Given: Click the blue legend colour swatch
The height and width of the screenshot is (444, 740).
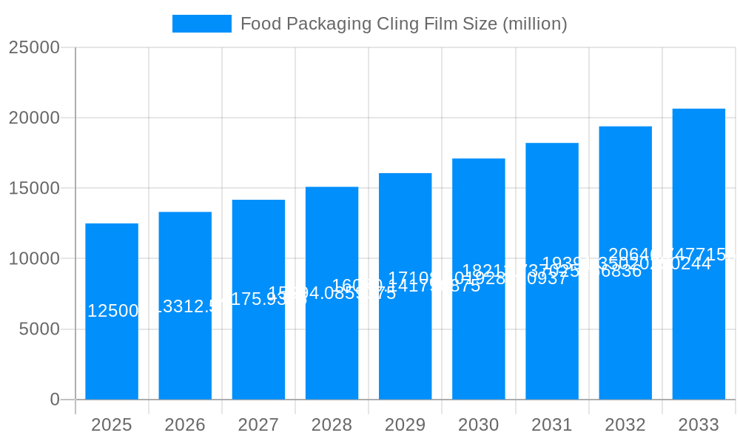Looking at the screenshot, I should [x=201, y=24].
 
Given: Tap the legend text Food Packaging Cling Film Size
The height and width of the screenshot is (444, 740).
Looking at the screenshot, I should [x=403, y=24].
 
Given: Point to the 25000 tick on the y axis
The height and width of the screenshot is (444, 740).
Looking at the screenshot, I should [x=34, y=47].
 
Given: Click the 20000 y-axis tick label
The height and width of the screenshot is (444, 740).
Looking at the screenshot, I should [x=34, y=118].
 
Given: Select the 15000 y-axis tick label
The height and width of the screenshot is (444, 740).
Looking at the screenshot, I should [x=34, y=188].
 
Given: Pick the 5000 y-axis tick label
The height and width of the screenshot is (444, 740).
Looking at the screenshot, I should [x=39, y=329].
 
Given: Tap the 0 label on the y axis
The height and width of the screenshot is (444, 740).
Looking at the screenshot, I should [x=55, y=400].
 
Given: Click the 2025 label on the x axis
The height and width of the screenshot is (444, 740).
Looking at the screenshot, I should [x=112, y=425].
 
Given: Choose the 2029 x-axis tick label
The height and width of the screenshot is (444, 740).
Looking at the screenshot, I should [x=405, y=425].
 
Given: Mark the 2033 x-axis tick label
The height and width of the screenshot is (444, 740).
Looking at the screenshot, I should [x=699, y=425].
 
